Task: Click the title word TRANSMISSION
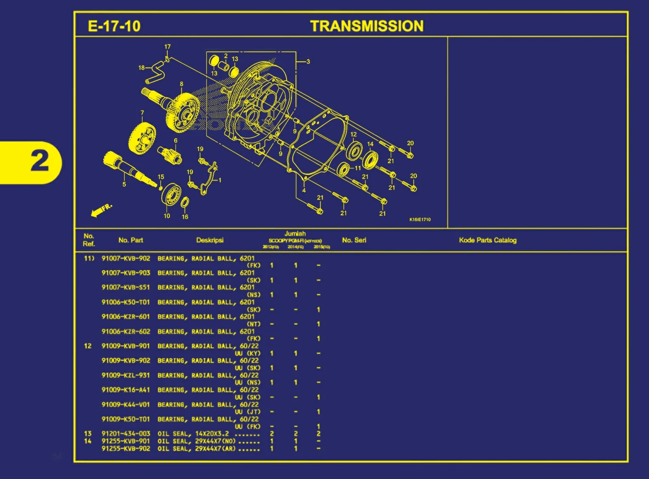(x=367, y=26)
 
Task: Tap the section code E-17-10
(x=114, y=26)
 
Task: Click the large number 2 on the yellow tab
(x=40, y=162)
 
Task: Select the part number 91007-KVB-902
(x=126, y=258)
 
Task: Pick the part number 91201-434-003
(x=126, y=434)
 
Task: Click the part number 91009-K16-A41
(x=126, y=390)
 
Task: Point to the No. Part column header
(x=130, y=240)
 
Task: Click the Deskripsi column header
(x=210, y=240)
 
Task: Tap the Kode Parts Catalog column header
(x=488, y=240)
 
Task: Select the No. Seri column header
(x=354, y=240)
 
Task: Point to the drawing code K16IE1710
(x=420, y=220)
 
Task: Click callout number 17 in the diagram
(x=167, y=47)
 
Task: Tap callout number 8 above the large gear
(x=181, y=84)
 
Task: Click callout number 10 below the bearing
(x=167, y=216)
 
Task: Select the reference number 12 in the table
(x=87, y=346)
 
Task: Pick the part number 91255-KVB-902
(x=126, y=448)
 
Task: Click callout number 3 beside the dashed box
(x=308, y=62)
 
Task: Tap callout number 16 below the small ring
(x=185, y=217)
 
